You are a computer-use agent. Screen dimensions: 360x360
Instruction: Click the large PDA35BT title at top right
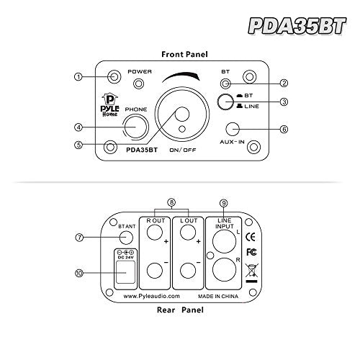(x=297, y=26)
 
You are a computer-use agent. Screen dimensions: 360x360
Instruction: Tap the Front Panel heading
(x=184, y=54)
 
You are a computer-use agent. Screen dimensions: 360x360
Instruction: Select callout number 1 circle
(x=78, y=77)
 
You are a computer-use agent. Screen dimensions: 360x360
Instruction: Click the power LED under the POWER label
(x=138, y=84)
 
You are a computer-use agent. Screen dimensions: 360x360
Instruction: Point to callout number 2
(x=284, y=83)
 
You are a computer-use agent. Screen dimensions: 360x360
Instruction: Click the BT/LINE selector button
(x=225, y=102)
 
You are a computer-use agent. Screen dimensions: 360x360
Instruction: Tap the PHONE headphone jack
(x=136, y=127)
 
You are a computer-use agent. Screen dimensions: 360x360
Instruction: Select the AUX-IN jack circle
(x=233, y=129)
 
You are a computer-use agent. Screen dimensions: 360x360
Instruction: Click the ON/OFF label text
(x=183, y=150)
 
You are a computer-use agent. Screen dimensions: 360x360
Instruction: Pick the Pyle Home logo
(x=109, y=105)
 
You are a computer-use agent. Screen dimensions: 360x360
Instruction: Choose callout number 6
(x=284, y=130)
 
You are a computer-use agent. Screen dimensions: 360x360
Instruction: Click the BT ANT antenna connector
(x=126, y=238)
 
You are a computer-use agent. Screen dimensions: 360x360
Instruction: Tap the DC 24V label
(x=125, y=258)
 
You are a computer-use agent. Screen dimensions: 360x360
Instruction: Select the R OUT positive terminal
(x=155, y=232)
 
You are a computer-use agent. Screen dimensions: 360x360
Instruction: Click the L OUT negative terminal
(x=188, y=271)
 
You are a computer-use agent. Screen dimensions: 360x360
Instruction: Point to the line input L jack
(x=225, y=241)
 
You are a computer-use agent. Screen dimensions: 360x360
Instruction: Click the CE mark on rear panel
(x=251, y=237)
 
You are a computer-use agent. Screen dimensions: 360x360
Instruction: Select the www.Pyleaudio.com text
(x=151, y=296)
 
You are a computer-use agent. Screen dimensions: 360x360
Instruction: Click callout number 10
(x=79, y=273)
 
